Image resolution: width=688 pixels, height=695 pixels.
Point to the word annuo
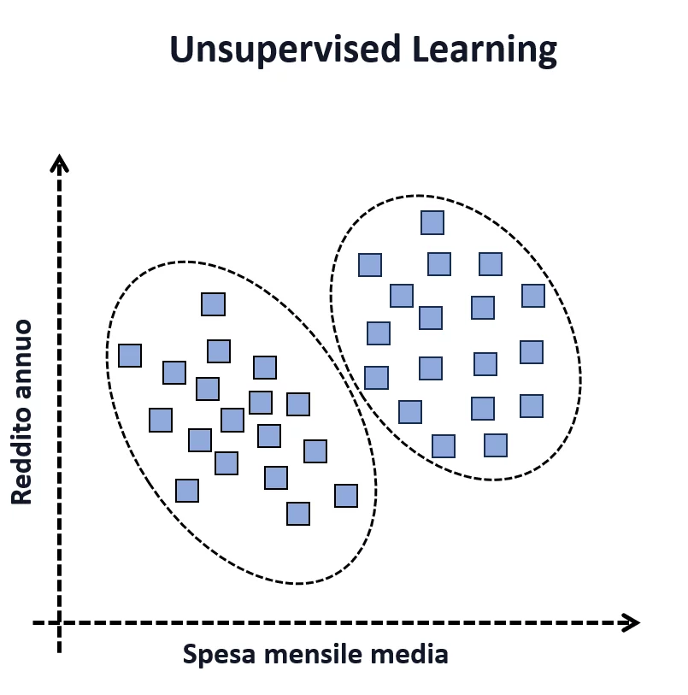(21, 360)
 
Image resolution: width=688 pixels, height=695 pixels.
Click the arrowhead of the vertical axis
(59, 162)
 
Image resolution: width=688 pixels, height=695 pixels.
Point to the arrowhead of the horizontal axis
(632, 622)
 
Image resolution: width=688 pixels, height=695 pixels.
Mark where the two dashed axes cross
(59, 622)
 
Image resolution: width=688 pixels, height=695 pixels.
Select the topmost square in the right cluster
(432, 223)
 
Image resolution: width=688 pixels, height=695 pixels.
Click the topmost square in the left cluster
(213, 304)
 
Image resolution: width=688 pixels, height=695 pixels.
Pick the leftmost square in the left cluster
(130, 356)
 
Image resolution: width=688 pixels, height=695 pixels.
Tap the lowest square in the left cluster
(297, 514)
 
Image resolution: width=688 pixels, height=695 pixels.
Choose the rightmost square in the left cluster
(345, 496)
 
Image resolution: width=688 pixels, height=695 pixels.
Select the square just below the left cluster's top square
(219, 351)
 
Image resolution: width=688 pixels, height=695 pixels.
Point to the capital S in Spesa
(191, 656)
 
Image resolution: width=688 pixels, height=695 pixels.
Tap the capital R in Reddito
(21, 494)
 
